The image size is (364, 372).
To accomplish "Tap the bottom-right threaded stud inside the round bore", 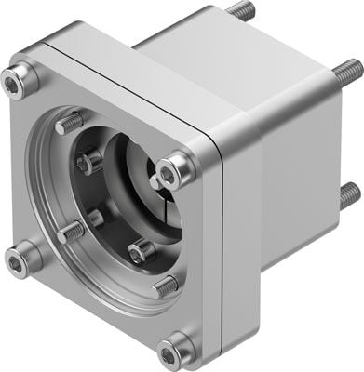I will click(x=163, y=286).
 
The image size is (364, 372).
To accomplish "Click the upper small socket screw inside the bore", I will click(x=88, y=163).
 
